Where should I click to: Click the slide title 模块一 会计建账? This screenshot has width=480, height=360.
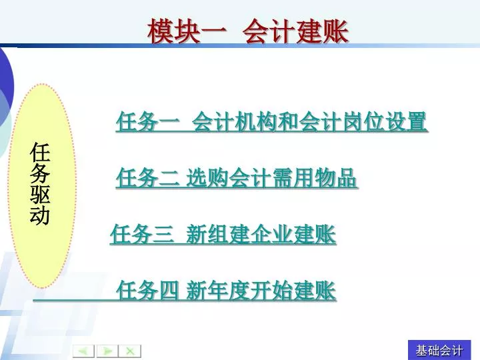pos(248,31)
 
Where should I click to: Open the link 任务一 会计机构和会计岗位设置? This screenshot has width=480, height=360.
pos(271,122)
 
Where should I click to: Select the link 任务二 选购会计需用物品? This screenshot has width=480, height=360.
pos(236,177)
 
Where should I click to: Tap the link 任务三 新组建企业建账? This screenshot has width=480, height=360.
pos(223,235)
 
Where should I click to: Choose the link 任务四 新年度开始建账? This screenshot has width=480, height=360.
pos(226,291)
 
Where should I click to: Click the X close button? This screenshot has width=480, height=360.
pos(130,351)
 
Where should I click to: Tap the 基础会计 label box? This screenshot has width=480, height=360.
pos(439,350)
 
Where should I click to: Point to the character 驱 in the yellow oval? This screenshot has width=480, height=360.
pos(40,194)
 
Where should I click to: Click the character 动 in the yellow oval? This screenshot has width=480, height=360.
pos(40,215)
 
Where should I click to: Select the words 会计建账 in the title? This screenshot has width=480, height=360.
pos(296,31)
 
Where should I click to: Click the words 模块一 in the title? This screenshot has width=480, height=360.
pos(187,31)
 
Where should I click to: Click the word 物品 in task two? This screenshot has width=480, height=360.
pos(336,177)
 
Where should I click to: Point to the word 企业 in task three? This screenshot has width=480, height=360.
pos(271,235)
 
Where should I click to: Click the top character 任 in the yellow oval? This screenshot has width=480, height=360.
pos(40,152)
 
